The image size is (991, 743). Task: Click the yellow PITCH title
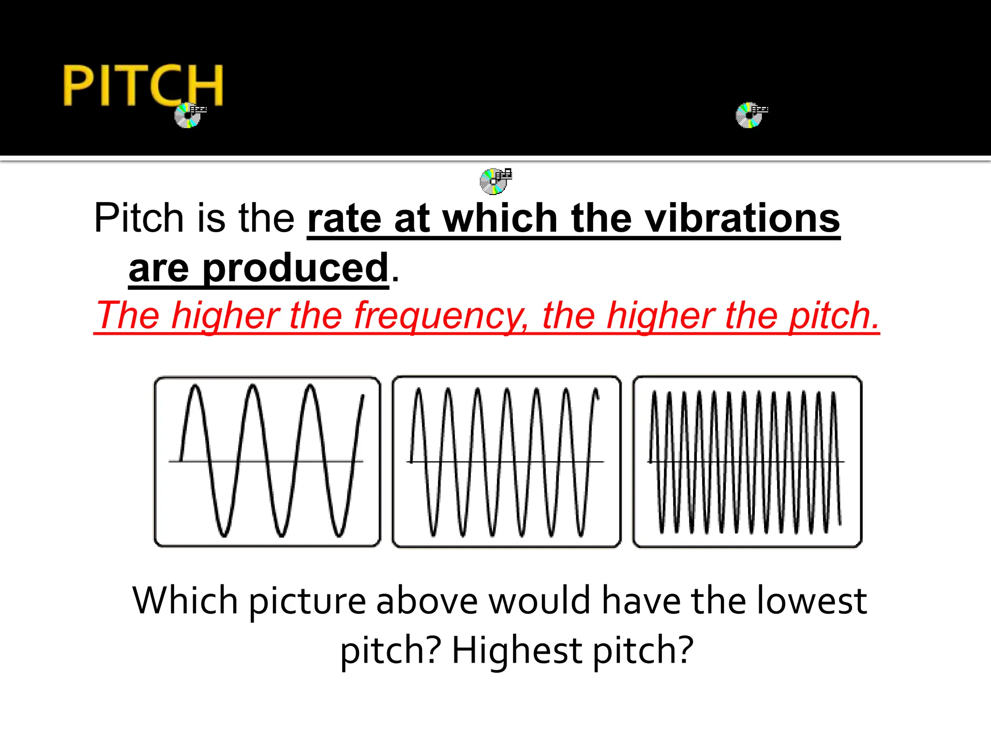(143, 86)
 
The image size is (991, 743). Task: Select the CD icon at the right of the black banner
(750, 116)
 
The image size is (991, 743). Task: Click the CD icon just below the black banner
(494, 181)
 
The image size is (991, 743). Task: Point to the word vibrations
(742, 219)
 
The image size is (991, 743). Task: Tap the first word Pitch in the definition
(138, 218)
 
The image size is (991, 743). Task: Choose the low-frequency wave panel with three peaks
(267, 461)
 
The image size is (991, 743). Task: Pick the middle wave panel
(506, 461)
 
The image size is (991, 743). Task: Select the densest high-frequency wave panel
(747, 461)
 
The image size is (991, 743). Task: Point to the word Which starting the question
(185, 600)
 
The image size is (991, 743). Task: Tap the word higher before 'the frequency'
(225, 315)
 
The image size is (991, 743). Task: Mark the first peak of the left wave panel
(195, 387)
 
